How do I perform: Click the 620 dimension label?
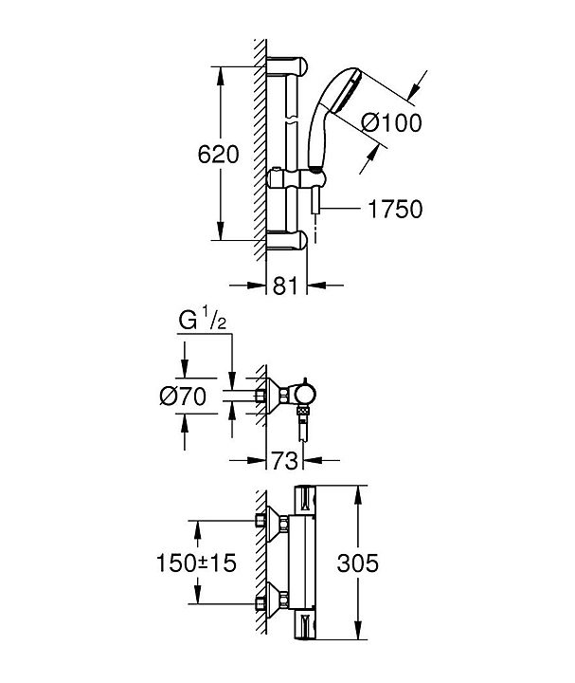[x=218, y=155]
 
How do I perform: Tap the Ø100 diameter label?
[x=391, y=122]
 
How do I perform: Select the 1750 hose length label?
[x=395, y=209]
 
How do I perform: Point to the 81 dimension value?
[x=285, y=286]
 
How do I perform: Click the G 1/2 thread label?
[x=203, y=322]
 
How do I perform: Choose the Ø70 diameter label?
[x=183, y=397]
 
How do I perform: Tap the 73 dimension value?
[x=284, y=460]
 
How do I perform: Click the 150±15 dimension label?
[x=196, y=563]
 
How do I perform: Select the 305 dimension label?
[x=357, y=563]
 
